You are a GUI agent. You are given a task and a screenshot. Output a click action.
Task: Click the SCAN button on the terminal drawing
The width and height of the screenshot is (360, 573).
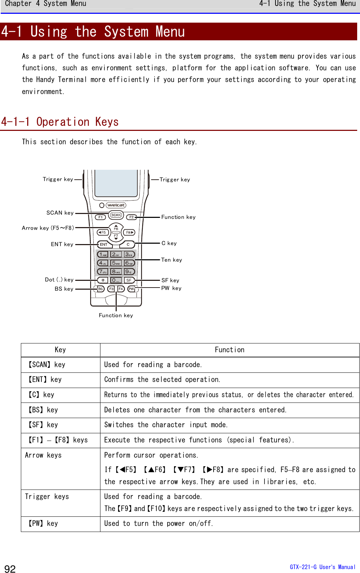coord(116,215)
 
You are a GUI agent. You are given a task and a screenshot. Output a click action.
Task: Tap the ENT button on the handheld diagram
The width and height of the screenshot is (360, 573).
coord(104,244)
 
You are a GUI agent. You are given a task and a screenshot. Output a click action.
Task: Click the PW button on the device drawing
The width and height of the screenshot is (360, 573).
coord(131,289)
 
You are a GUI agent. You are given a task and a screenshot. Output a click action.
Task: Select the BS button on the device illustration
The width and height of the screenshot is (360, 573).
coord(100,289)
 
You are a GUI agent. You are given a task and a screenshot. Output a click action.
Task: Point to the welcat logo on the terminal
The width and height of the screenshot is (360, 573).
coord(116,205)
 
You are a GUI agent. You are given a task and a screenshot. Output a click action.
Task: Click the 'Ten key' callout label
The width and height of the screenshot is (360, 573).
coord(172,260)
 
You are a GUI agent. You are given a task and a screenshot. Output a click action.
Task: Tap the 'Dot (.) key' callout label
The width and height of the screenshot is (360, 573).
coord(59,280)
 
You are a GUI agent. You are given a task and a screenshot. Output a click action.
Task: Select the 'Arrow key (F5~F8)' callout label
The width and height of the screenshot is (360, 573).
coord(48,228)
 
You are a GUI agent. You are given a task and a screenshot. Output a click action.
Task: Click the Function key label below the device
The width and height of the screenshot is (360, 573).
coord(116,316)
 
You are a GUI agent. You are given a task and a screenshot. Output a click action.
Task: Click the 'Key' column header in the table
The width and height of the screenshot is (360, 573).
coord(60,350)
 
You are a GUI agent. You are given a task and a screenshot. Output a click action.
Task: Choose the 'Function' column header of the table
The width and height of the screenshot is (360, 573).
coord(230,350)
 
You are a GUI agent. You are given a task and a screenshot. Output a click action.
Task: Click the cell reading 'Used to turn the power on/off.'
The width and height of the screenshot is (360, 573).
coord(158,523)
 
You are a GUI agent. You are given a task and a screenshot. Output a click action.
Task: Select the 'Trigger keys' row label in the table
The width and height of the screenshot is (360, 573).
coord(47,497)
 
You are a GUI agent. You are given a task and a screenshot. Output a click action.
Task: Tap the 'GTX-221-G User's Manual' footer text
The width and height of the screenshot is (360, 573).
coord(322,567)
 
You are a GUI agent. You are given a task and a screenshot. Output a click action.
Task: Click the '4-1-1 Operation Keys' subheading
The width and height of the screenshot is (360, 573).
coord(60,122)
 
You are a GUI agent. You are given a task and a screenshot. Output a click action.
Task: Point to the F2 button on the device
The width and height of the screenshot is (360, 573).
coord(131,217)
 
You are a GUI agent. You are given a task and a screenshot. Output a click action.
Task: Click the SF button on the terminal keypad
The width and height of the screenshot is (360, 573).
coord(129,280)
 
